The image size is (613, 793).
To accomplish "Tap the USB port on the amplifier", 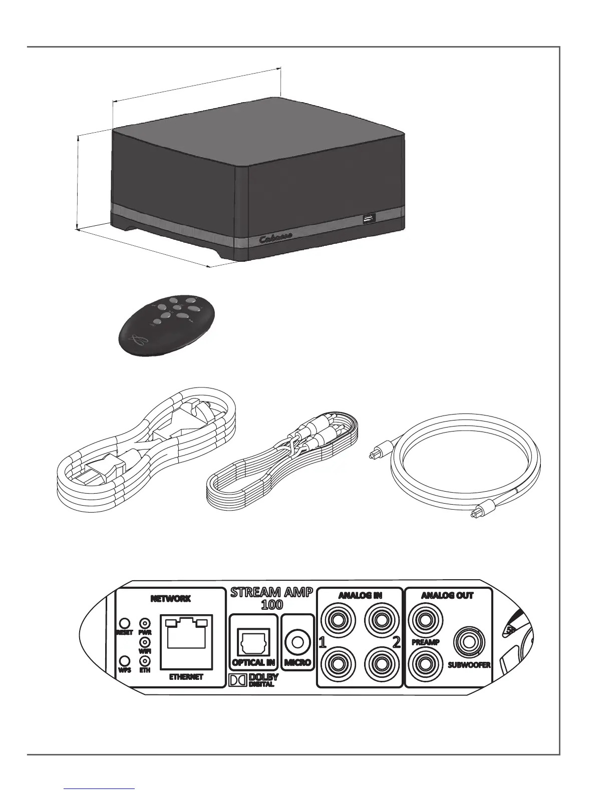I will [369, 218].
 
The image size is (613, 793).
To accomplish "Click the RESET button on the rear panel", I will [125, 623].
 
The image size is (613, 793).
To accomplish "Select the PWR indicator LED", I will [145, 623].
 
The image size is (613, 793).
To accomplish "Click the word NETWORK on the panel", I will [171, 599].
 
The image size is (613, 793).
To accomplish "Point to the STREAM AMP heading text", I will [271, 593].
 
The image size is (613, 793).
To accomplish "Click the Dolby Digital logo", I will [253, 680].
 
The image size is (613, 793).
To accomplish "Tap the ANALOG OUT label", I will [447, 595].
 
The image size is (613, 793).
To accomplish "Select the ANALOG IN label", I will [360, 595].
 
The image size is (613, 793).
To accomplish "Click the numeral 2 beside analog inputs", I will [396, 643].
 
